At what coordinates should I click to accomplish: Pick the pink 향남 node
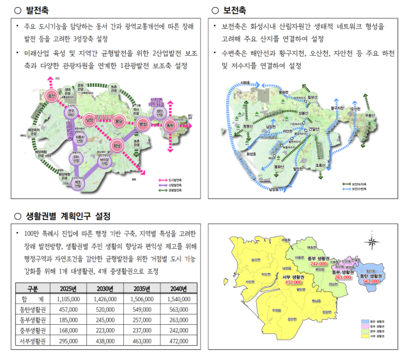117,145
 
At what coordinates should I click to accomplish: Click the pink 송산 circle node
53,96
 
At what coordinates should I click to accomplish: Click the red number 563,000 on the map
371,281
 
